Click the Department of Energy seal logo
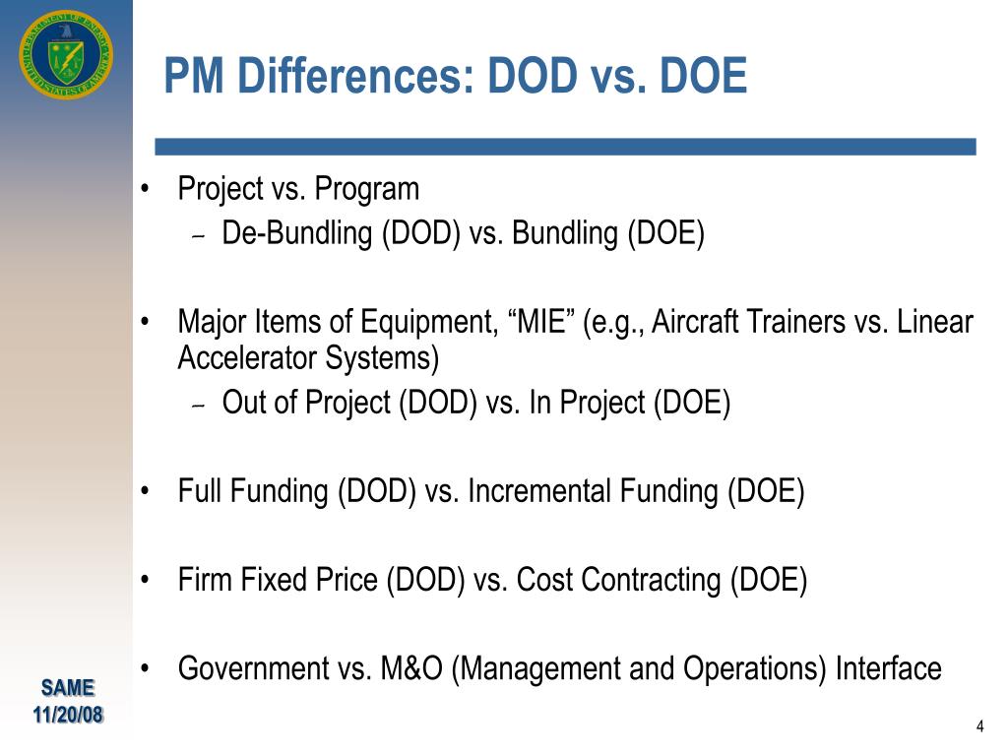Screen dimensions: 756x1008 (65, 55)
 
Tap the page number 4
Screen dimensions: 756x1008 (979, 726)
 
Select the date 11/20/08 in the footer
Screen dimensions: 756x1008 (68, 715)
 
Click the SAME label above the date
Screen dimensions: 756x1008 (68, 688)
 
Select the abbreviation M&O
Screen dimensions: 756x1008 (412, 668)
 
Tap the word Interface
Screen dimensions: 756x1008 (889, 668)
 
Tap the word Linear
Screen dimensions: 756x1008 (935, 322)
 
